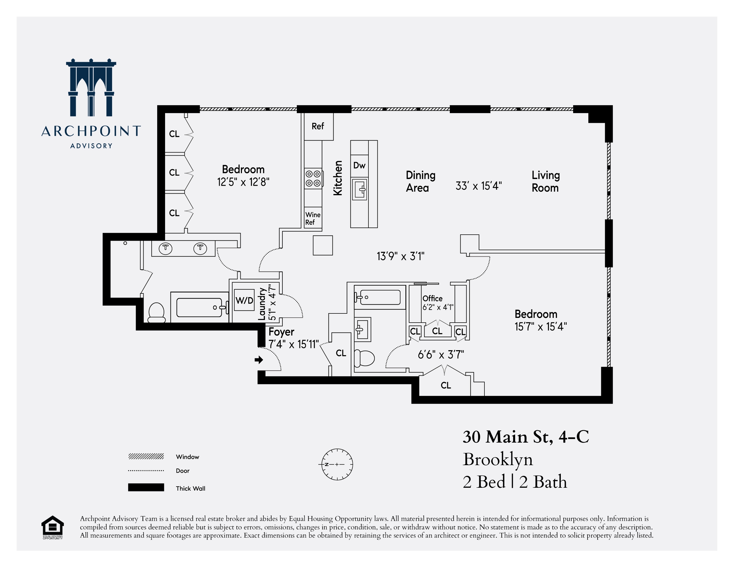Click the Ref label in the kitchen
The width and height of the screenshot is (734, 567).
318,126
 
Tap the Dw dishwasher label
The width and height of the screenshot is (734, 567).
359,165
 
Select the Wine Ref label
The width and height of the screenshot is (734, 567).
313,218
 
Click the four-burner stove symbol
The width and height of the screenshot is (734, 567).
313,179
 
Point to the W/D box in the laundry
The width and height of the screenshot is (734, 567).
244,300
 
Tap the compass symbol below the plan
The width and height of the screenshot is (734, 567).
337,464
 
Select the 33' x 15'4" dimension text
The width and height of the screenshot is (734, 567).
479,186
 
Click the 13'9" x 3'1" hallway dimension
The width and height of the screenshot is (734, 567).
400,256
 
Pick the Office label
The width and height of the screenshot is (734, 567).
432,298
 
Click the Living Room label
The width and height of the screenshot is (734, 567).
546,181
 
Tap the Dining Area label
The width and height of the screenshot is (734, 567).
420,181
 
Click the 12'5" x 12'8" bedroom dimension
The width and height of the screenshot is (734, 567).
243,182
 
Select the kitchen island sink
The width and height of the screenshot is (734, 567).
360,190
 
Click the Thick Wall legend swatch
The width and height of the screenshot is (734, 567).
146,487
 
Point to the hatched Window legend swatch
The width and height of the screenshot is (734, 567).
146,456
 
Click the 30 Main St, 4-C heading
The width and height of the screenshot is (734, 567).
526,437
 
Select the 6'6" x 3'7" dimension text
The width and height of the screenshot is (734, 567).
441,355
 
